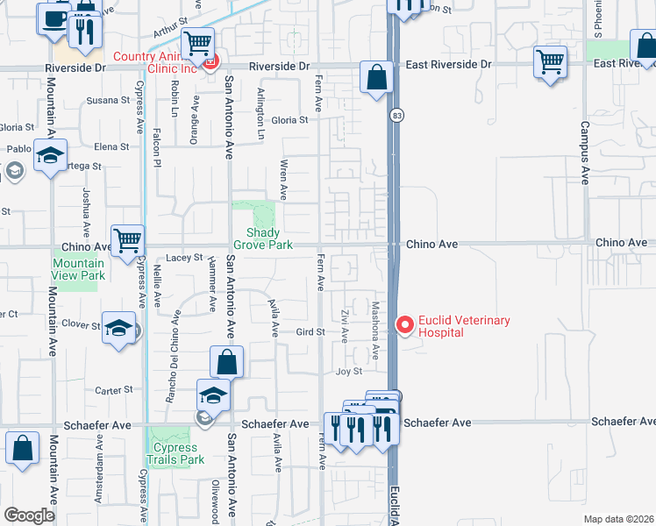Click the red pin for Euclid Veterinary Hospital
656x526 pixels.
[x=404, y=325]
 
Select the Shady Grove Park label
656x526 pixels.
[x=262, y=238]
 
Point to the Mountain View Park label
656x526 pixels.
[x=78, y=269]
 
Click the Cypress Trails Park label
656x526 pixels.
[x=175, y=453]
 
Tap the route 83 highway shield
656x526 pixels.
[x=398, y=116]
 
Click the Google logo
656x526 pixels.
[x=29, y=515]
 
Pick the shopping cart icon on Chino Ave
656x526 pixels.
[x=128, y=239]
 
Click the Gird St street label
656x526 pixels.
[x=310, y=331]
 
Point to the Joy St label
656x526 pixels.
[x=348, y=372]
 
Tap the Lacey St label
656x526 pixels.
[x=184, y=258]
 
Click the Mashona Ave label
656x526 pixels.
[x=374, y=330]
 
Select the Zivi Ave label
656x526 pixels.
[x=346, y=326]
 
